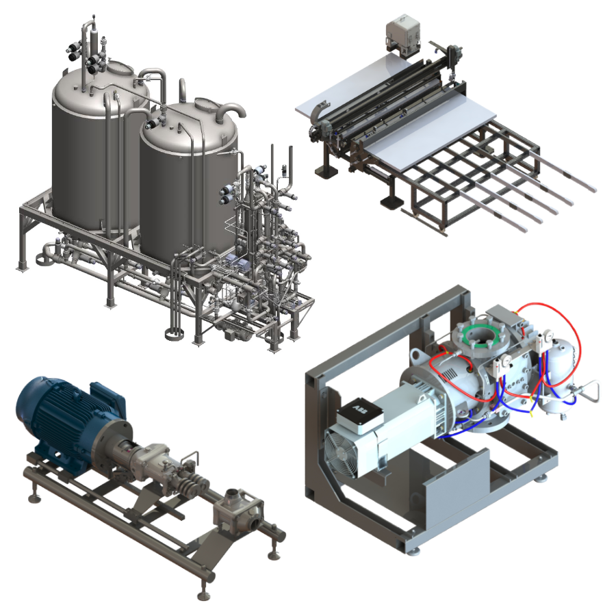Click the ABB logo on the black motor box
[361, 411]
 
